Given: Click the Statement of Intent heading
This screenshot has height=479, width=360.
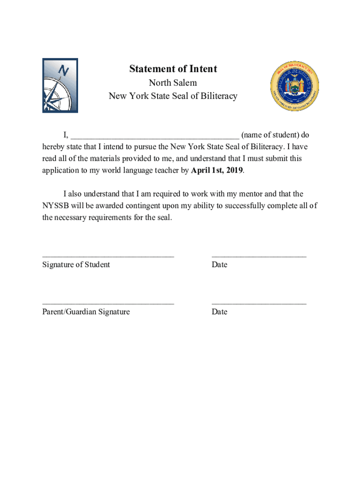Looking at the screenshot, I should [173, 69].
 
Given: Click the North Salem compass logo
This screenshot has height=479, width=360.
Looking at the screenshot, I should [60, 85].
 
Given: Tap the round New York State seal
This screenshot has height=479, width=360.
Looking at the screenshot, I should [295, 85].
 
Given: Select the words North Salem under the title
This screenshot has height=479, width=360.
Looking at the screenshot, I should [173, 83].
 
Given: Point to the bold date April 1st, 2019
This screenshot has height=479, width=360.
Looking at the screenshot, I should [217, 171].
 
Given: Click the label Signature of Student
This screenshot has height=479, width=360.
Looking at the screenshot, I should [76, 265].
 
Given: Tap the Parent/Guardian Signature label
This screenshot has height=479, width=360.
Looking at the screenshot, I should [86, 312].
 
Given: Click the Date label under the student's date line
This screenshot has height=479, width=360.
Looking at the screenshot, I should [219, 265].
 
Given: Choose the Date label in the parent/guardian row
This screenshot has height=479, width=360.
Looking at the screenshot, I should [219, 312].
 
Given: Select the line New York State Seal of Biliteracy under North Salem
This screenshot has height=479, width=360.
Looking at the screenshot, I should [173, 96].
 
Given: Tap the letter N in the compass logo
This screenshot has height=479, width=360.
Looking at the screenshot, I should [64, 71].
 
